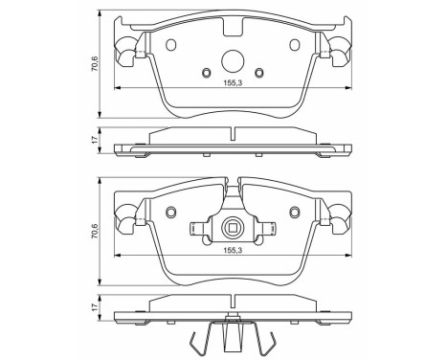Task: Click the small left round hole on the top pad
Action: pos(207,73)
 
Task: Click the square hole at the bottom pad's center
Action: pos(231,227)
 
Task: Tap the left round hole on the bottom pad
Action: pos(172,214)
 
